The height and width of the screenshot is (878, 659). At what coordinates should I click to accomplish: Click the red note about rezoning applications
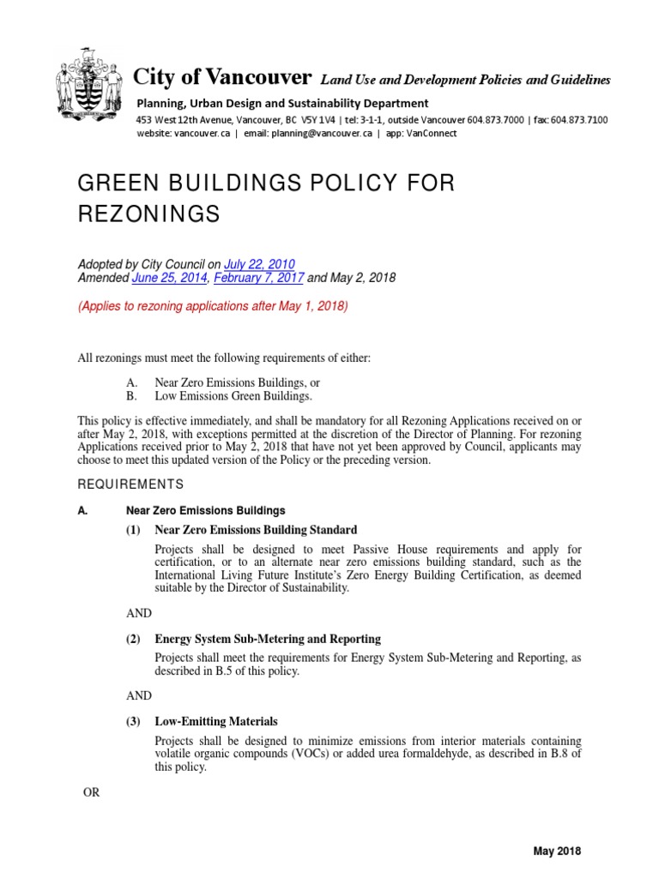(x=213, y=306)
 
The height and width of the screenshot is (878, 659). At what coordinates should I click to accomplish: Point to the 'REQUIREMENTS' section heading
(x=130, y=484)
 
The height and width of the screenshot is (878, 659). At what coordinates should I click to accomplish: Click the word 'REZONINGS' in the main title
(x=148, y=214)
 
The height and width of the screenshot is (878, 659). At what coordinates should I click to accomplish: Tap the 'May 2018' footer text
(x=557, y=851)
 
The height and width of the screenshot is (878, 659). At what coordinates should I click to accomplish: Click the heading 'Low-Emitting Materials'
(x=215, y=722)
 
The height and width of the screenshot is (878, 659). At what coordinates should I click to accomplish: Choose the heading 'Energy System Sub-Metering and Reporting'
(x=268, y=639)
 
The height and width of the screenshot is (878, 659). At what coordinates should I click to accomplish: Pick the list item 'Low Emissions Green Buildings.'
(x=233, y=397)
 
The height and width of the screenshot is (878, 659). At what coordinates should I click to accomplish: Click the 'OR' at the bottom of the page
(x=91, y=792)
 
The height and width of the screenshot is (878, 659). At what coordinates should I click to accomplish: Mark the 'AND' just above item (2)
(x=138, y=613)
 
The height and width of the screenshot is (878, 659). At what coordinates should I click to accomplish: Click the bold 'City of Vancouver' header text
(x=222, y=77)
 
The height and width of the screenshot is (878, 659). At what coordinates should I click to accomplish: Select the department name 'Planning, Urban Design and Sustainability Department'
(x=282, y=104)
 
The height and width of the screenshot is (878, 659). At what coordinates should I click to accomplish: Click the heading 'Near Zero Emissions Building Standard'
(x=256, y=529)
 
